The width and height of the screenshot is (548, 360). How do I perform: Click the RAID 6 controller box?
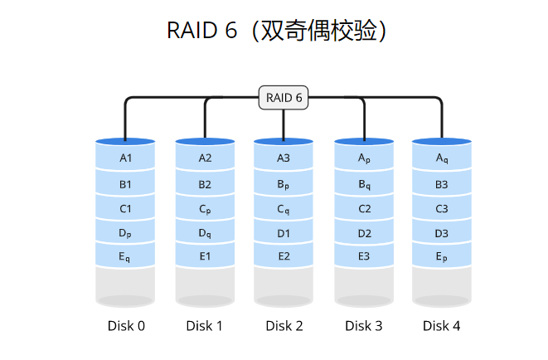(x=284, y=98)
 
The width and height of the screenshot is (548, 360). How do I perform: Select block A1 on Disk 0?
(x=126, y=158)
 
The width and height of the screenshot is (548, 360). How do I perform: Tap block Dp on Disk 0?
(x=126, y=234)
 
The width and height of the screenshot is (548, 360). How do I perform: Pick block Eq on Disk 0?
(x=126, y=258)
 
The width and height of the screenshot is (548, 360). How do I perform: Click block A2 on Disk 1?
(x=205, y=158)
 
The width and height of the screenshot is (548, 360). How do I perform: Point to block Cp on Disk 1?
(x=205, y=209)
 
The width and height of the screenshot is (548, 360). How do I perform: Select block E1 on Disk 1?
(x=205, y=256)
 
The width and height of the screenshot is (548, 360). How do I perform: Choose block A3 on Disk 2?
(x=284, y=158)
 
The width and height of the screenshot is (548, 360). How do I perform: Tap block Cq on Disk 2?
(x=284, y=209)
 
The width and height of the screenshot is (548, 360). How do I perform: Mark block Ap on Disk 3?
(x=364, y=158)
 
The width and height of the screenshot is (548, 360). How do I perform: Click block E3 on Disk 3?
(x=364, y=256)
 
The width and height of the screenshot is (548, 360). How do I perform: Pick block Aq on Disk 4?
(x=442, y=158)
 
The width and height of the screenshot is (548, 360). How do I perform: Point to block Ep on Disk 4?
(x=442, y=258)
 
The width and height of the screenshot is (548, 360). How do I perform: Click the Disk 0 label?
(x=126, y=326)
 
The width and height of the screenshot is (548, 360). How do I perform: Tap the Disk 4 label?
(x=442, y=326)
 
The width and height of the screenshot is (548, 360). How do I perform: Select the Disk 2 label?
(x=284, y=326)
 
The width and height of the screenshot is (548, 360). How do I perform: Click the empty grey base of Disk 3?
(x=364, y=285)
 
